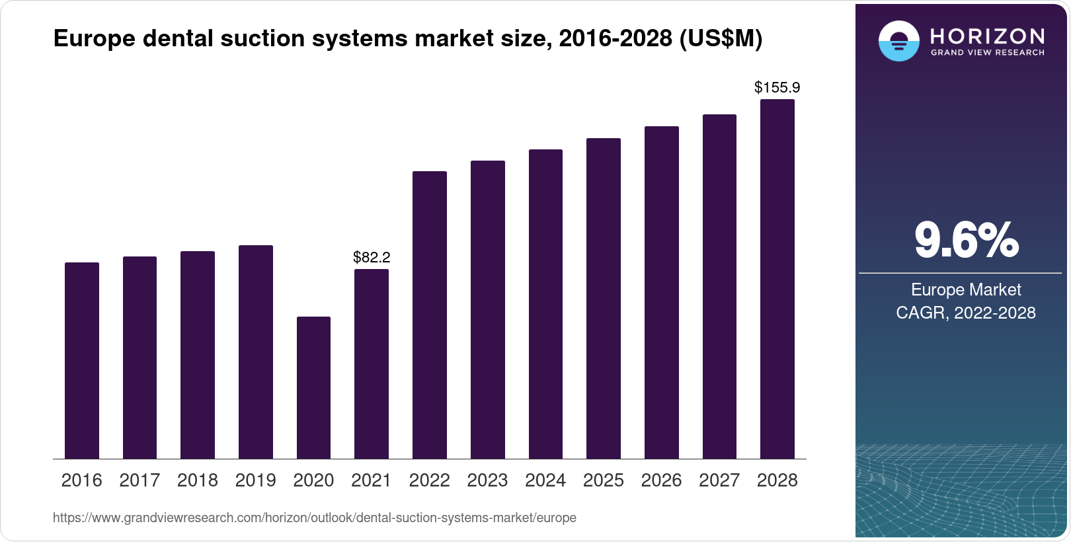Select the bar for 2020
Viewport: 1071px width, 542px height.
313,387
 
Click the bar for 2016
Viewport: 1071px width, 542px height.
82,360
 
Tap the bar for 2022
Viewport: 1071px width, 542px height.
429,315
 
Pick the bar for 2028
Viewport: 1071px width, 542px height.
777,279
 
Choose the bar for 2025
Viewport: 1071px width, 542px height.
603,298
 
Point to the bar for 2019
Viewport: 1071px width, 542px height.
255,352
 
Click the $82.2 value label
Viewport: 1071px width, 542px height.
372,257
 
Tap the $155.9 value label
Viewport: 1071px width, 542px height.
777,87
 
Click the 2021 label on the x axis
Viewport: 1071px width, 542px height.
371,481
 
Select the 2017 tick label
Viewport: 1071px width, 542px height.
139,481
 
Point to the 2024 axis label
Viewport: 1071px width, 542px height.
545,481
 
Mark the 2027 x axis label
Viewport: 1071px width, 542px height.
719,481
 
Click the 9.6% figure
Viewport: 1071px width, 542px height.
966,241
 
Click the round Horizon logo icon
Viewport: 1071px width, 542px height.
898,41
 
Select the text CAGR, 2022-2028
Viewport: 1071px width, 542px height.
965,313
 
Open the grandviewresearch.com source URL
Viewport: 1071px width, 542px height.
314,518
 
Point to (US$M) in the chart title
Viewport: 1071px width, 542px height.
721,39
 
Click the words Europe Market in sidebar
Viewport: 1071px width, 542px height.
965,290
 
